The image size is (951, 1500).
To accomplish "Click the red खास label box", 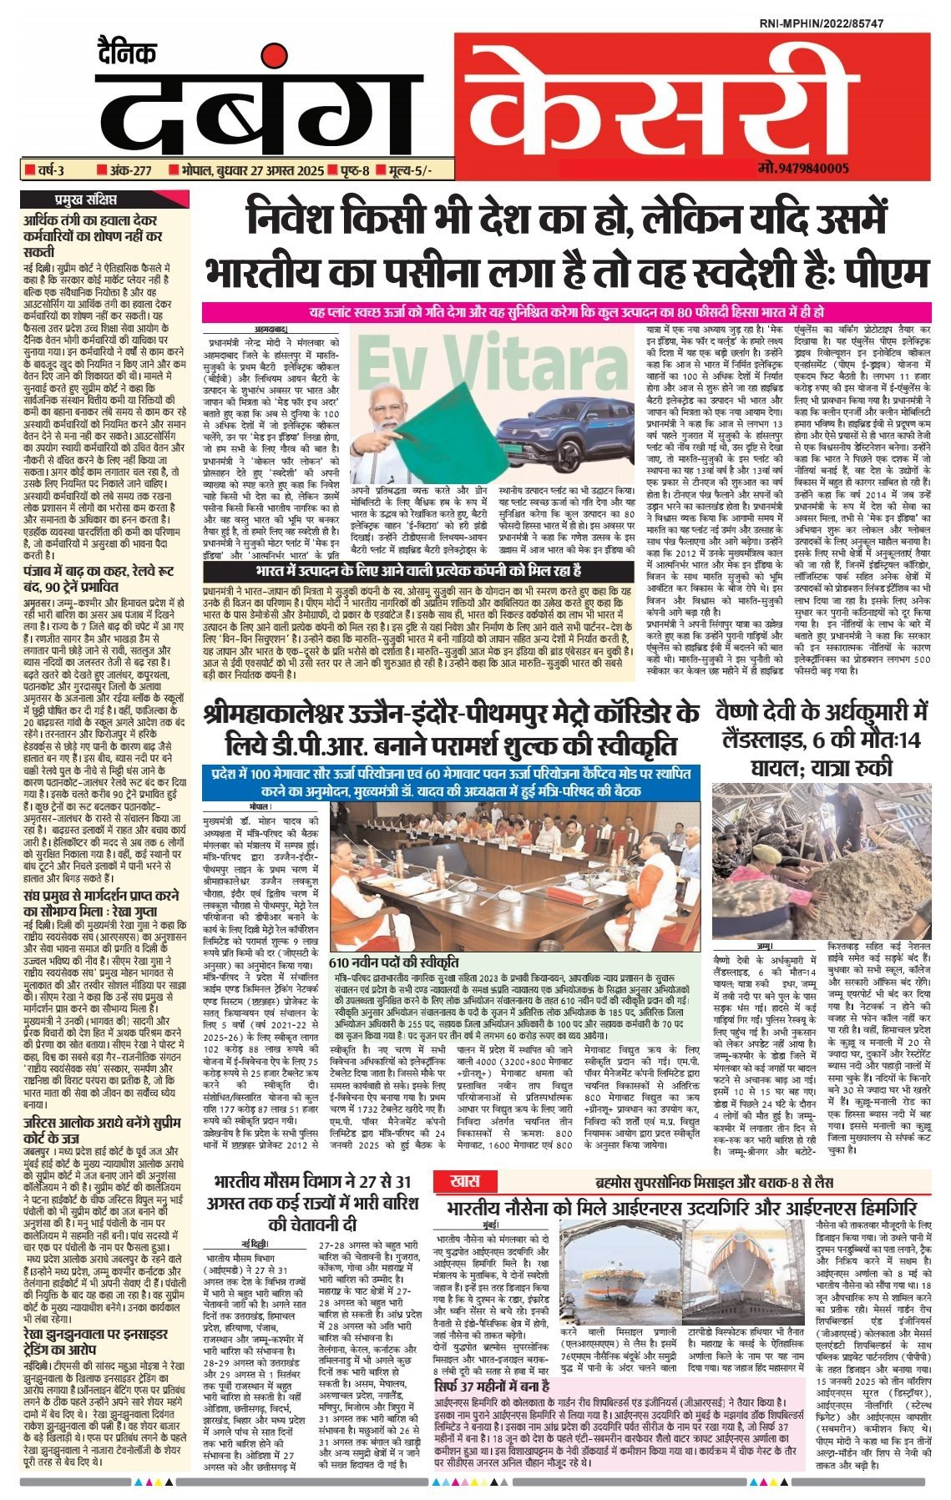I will click(x=463, y=1182).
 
